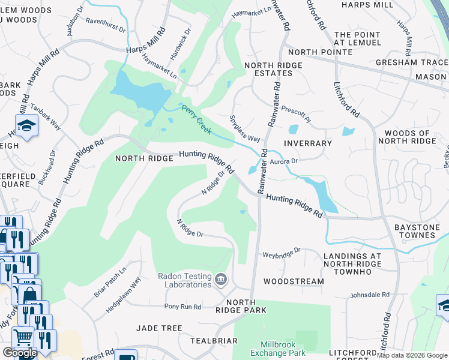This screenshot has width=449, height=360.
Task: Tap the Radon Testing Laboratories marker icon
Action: coord(221,278)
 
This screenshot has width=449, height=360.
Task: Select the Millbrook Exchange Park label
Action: coord(283,349)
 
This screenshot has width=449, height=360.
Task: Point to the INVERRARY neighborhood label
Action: coord(308,143)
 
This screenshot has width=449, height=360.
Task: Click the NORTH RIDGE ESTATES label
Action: coord(268,68)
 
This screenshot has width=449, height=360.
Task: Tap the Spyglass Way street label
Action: coord(245,128)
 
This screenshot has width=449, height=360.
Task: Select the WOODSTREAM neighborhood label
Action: coord(294,281)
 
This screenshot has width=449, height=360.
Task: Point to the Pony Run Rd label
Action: coord(182,307)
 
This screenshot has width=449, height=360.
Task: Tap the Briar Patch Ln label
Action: coord(110,282)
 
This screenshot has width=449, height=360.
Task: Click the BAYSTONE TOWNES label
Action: coord(415,231)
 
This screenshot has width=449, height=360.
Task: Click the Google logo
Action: coord(19,353)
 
